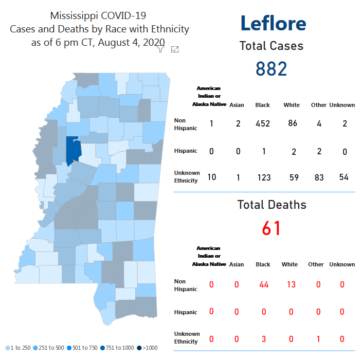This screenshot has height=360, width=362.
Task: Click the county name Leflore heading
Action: (x=273, y=23)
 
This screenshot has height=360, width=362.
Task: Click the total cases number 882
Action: (x=271, y=68)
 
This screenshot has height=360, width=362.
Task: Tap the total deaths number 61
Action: (x=271, y=227)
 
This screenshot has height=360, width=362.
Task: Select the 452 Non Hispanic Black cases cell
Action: (x=262, y=123)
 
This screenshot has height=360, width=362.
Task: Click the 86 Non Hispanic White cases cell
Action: (x=292, y=123)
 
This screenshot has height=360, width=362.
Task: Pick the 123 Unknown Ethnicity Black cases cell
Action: (x=262, y=177)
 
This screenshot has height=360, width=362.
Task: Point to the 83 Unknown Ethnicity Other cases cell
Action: (x=319, y=177)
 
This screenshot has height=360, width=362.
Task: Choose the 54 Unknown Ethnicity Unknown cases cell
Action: (x=343, y=177)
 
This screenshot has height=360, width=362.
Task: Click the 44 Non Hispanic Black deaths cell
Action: (x=262, y=285)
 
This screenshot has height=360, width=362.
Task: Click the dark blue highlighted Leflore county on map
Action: (x=74, y=149)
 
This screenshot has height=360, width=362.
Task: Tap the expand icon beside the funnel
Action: (x=175, y=49)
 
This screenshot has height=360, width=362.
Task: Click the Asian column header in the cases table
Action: (x=237, y=105)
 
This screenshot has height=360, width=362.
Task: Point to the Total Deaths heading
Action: (x=271, y=205)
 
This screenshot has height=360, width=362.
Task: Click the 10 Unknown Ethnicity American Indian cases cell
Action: (x=211, y=177)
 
